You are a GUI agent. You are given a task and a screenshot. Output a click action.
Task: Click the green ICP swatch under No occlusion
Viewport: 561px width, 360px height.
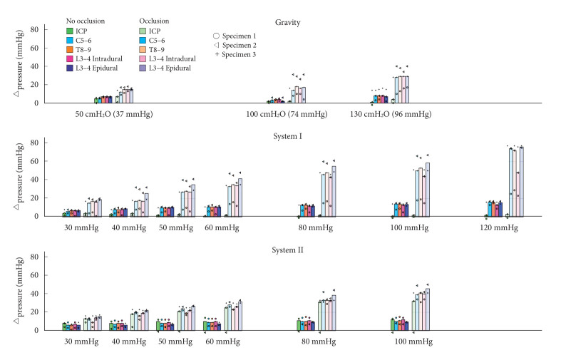click(69, 31)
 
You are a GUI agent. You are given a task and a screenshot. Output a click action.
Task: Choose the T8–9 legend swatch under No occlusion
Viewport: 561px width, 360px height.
click(69, 49)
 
